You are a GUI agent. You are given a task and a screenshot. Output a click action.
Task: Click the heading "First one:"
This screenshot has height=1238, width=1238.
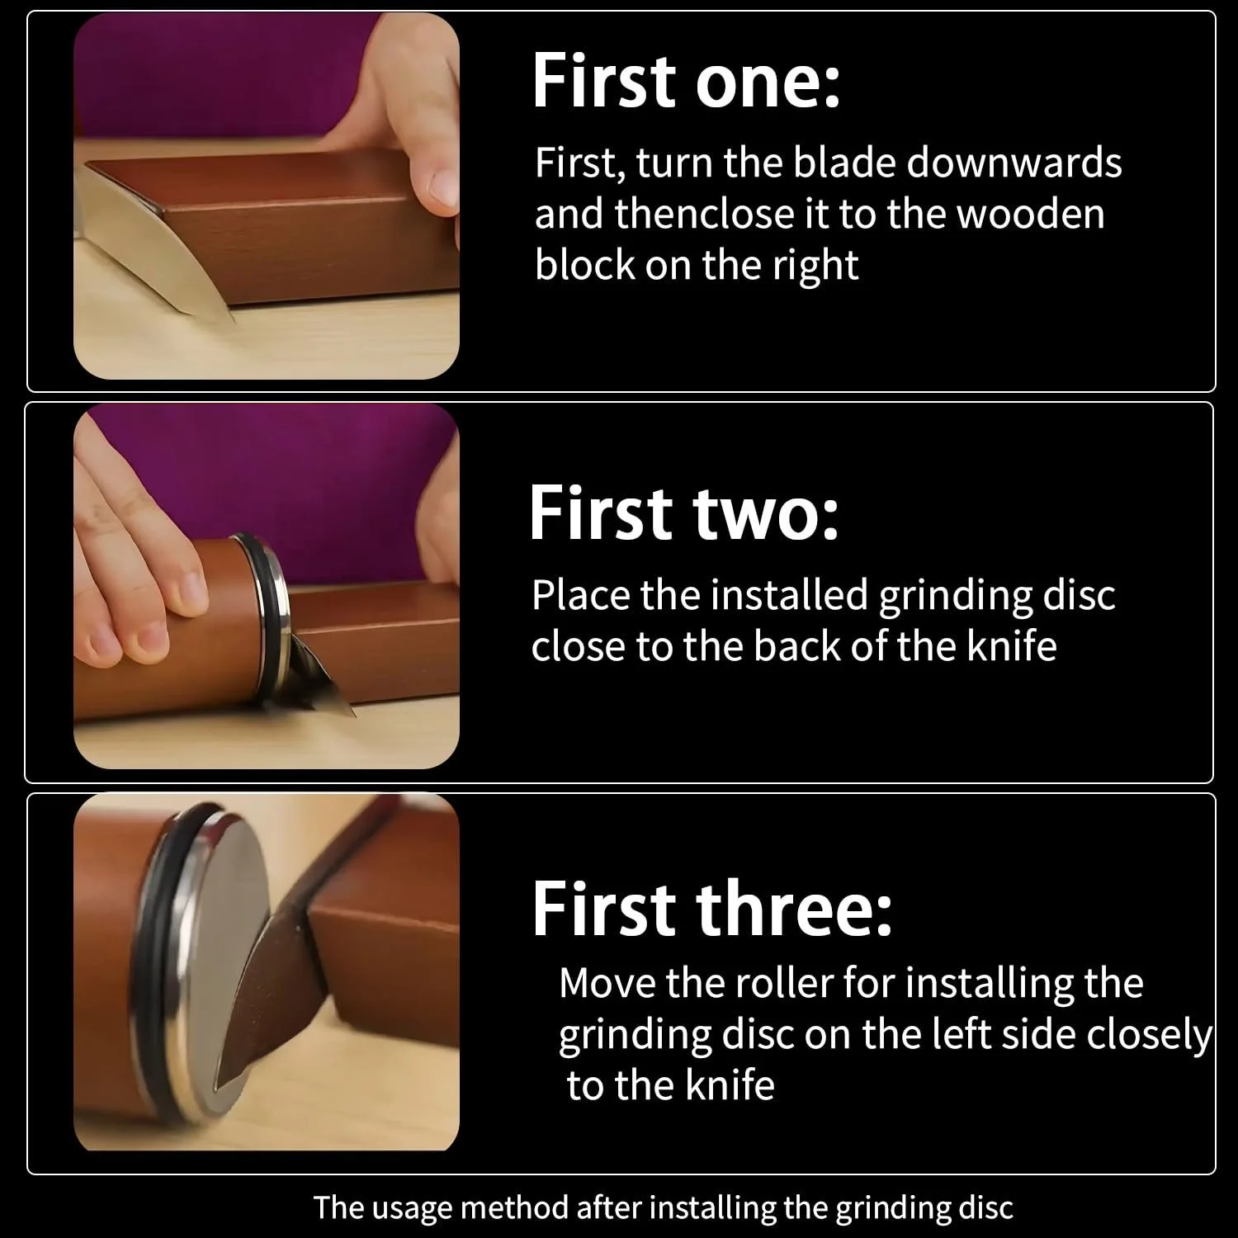[x=686, y=81]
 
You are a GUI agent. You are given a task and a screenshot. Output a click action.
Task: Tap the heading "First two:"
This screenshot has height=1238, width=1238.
[x=683, y=513]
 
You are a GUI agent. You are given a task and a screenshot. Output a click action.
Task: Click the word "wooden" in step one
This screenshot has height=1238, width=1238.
[x=1031, y=214]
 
